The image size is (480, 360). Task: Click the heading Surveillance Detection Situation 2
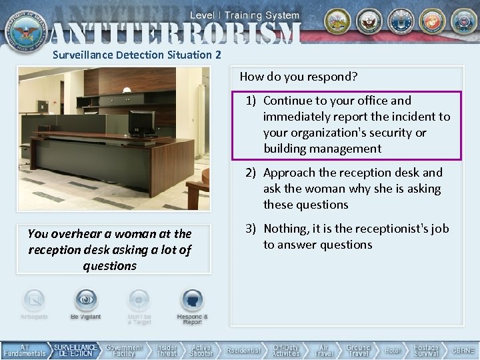pyautogui.click(x=137, y=55)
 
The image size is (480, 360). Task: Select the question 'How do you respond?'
pyautogui.click(x=299, y=77)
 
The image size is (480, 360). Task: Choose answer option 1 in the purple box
pyautogui.click(x=347, y=125)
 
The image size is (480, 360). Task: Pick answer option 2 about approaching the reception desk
pyautogui.click(x=347, y=189)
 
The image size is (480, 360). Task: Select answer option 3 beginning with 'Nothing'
pyautogui.click(x=347, y=237)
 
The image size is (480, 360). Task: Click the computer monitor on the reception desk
pyautogui.click(x=141, y=122)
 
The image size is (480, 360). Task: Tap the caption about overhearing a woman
pyautogui.click(x=110, y=249)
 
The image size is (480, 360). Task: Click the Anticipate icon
pyautogui.click(x=34, y=301)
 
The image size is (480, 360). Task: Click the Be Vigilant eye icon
pyautogui.click(x=86, y=301)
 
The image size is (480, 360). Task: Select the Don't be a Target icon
pyautogui.click(x=139, y=301)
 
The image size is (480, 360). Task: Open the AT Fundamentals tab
pyautogui.click(x=25, y=351)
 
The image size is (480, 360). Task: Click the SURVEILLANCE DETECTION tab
pyautogui.click(x=75, y=351)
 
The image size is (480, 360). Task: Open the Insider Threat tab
pyautogui.click(x=167, y=351)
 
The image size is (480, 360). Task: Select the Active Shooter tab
pyautogui.click(x=201, y=351)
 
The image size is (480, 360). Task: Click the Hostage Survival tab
pyautogui.click(x=426, y=351)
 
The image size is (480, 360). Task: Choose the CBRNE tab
pyautogui.click(x=463, y=351)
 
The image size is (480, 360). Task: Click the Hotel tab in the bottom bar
pyautogui.click(x=393, y=351)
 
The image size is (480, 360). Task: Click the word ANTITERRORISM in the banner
pyautogui.click(x=175, y=32)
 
